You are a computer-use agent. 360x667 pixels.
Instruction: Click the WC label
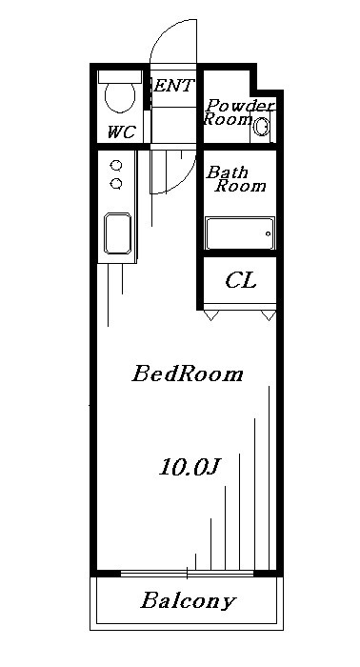[120, 132]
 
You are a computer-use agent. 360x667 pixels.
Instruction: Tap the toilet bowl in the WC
[119, 98]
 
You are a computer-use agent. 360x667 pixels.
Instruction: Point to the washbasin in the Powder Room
[263, 124]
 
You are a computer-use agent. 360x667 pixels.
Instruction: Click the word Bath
[228, 172]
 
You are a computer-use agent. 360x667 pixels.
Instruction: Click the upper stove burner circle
[116, 164]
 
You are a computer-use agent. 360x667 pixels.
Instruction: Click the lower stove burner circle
[116, 182]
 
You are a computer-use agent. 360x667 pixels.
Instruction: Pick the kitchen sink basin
[118, 234]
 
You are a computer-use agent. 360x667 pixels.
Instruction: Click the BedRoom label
[187, 374]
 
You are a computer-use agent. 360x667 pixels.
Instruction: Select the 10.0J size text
[190, 467]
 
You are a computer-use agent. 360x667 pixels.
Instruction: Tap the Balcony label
[188, 601]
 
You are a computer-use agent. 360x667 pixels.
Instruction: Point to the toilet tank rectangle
[119, 74]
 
